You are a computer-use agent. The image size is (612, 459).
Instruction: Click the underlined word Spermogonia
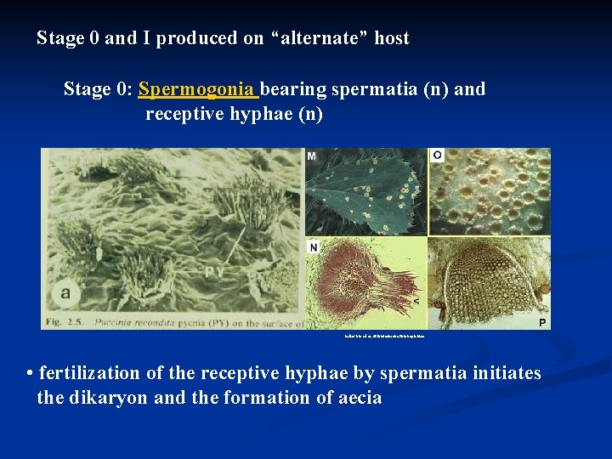click(197, 89)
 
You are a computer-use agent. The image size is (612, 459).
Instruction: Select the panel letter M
click(312, 156)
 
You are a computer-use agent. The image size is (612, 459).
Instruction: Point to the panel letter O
click(438, 156)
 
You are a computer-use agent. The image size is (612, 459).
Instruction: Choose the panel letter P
click(542, 322)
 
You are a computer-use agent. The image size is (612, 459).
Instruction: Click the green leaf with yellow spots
click(365, 190)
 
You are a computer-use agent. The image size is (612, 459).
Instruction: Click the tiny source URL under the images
click(382, 337)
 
